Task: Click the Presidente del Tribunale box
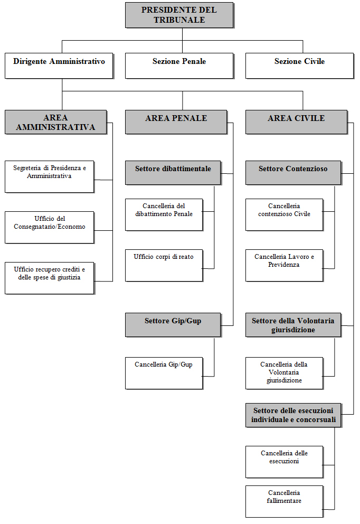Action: [179, 15]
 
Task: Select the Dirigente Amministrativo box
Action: [59, 65]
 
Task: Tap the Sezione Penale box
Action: [179, 65]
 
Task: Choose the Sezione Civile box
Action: [299, 65]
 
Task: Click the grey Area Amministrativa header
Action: [55, 122]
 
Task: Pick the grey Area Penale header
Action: [176, 121]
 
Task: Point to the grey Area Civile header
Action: [296, 121]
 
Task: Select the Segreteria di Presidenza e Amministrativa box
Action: [49, 176]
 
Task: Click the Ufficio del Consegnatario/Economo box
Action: [49, 227]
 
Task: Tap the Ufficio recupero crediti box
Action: [49, 278]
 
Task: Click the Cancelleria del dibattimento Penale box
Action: [164, 214]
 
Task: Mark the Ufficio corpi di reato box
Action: [164, 265]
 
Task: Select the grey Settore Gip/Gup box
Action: [173, 324]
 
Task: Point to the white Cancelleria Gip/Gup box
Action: [164, 373]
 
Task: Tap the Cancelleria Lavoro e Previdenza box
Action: [284, 265]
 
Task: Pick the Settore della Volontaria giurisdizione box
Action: [293, 325]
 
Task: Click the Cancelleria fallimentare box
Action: [284, 501]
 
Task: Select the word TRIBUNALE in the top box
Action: [179, 20]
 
